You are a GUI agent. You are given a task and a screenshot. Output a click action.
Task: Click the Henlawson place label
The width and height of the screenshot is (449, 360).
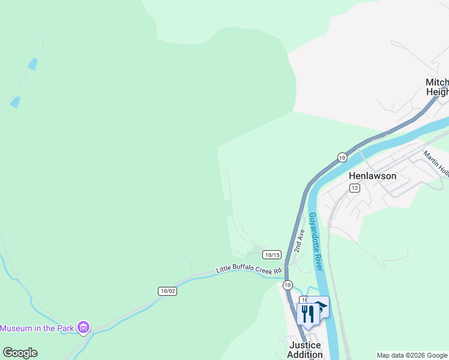[372, 176]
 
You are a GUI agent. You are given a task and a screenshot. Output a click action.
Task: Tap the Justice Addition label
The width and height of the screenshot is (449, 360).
[306, 349]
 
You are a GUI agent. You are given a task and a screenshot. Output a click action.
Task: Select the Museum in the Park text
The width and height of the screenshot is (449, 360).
[37, 328]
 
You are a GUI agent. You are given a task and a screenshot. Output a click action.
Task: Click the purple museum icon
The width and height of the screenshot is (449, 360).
[83, 328]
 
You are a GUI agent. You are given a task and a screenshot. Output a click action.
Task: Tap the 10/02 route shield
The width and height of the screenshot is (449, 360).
[168, 291]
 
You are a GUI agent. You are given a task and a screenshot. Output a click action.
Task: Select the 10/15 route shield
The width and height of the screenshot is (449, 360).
[272, 254]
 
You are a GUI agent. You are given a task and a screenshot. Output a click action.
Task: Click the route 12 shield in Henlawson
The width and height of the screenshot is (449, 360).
[355, 188]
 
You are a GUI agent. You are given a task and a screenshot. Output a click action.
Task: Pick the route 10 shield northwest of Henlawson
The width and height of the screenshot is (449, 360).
[342, 157]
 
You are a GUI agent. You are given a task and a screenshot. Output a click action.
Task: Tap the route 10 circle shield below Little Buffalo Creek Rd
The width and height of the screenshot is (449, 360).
[288, 284]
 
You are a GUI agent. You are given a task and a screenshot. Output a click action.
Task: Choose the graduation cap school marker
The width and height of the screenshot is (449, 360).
[321, 307]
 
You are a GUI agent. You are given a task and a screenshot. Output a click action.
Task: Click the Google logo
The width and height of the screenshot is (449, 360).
[20, 353]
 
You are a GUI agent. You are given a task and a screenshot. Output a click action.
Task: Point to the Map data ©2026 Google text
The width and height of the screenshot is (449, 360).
[412, 355]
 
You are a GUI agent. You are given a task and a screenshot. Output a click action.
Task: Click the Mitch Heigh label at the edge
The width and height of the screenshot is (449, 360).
[437, 87]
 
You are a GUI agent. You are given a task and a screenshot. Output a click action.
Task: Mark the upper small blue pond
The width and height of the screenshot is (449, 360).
[32, 64]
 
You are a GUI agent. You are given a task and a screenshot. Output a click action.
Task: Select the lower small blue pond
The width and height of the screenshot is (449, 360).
[15, 102]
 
